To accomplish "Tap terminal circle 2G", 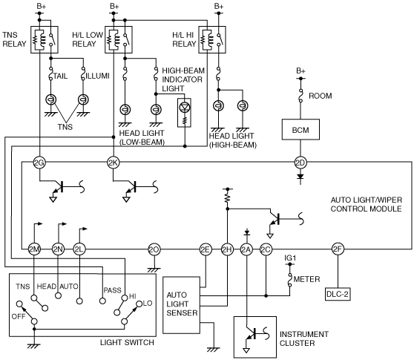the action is [39, 163].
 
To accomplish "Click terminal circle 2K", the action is [114, 163].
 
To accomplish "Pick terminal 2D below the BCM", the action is [300, 163].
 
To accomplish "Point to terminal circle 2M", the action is [34, 249].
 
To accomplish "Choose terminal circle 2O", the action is [154, 249].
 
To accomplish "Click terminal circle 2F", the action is [338, 249].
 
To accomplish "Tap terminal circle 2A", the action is [246, 249].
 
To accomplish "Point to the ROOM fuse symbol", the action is [300, 96].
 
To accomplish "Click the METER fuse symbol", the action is [290, 279].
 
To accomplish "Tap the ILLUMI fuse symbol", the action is [83, 73].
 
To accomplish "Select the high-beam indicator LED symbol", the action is [185, 107].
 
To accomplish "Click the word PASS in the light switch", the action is [112, 290].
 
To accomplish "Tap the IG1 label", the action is [290, 258].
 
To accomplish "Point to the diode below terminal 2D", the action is [300, 177].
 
